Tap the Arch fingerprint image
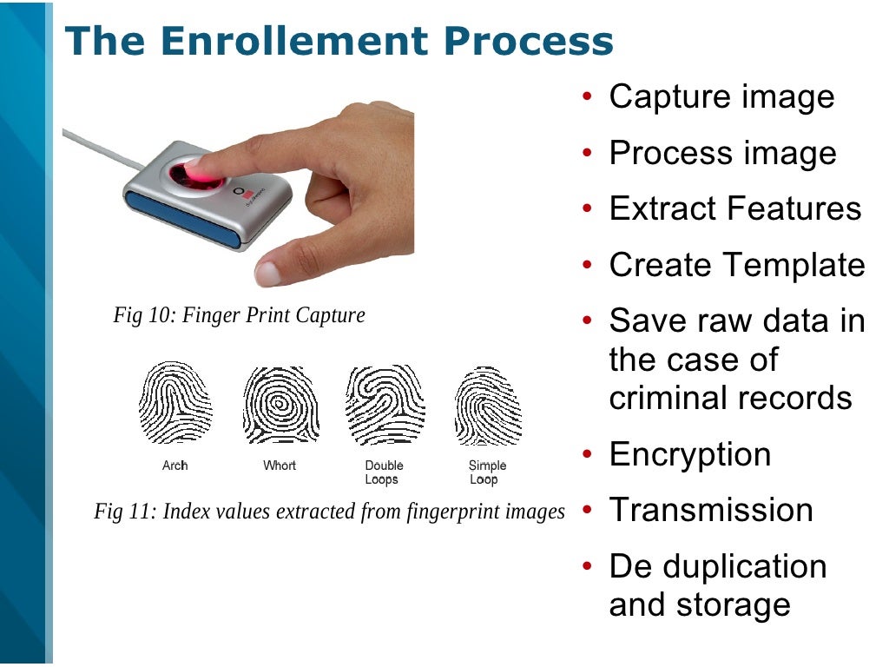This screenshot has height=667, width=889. tap(175, 404)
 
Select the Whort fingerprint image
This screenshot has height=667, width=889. tap(280, 405)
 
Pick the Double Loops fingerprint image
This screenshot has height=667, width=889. tap(384, 405)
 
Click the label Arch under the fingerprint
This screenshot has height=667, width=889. tap(175, 466)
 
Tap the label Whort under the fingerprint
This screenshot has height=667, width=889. tap(280, 466)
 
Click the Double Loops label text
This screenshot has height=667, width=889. tap(383, 472)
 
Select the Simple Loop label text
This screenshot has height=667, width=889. tap(487, 472)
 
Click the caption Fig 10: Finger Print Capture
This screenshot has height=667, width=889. tap(239, 315)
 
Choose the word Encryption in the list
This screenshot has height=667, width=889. tap(689, 454)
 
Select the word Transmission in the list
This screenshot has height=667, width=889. tap(711, 510)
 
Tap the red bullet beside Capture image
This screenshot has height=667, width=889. tap(588, 97)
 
